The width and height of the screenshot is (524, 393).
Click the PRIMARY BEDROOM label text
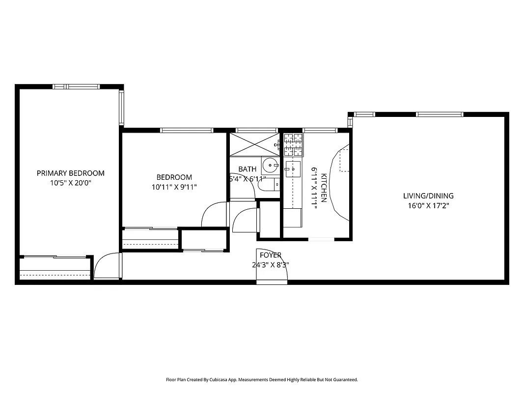[71, 173]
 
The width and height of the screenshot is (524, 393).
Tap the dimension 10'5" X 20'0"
[71, 183]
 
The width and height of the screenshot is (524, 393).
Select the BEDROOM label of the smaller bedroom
[174, 177]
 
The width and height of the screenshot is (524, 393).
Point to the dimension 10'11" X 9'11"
[174, 187]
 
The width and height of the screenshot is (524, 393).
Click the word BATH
[247, 169]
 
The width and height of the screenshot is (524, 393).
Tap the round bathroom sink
[270, 164]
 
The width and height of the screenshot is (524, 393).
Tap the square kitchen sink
[293, 168]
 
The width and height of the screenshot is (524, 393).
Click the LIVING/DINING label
[428, 196]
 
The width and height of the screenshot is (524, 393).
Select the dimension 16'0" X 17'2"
[428, 206]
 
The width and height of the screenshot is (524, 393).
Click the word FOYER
[271, 255]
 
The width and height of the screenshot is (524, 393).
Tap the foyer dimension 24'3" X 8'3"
[271, 265]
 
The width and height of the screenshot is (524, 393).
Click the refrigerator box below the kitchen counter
[292, 218]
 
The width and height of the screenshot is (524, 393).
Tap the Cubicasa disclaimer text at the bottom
[262, 380]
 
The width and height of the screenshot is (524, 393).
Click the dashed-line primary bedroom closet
[55, 269]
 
